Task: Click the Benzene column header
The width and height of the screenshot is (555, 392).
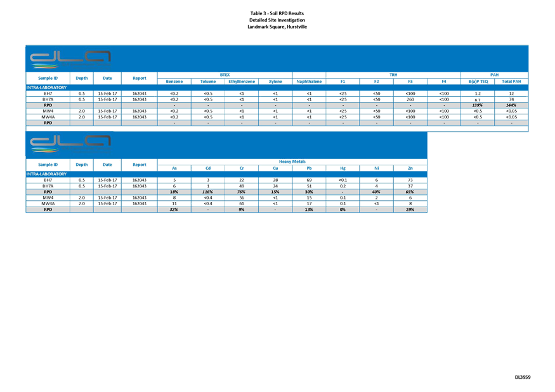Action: coord(174,82)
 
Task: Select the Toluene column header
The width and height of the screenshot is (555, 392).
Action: coord(208,82)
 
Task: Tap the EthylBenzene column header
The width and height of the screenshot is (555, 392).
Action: coord(242,82)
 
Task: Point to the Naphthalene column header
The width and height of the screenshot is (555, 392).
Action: coord(309,82)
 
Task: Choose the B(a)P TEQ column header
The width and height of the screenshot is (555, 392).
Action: coord(478,82)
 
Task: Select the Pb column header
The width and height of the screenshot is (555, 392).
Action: coord(309,168)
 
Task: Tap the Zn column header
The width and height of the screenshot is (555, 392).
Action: coord(410,168)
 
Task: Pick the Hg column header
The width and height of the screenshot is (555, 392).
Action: coord(343,168)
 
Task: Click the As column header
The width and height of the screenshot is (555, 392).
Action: coord(174,168)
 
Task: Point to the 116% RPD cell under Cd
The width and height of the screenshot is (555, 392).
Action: coord(208,191)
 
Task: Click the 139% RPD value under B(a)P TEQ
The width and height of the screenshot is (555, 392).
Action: coord(478,104)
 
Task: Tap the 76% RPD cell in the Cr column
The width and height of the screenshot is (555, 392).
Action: coord(242,191)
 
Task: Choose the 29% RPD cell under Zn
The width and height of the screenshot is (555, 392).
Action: coord(410,209)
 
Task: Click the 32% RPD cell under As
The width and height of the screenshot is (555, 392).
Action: coord(174,209)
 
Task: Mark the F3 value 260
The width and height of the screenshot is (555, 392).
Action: coord(410,99)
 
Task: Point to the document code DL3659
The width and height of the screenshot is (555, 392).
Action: coord(523,377)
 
